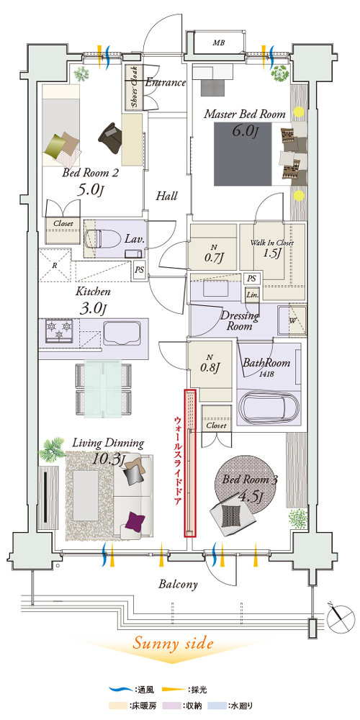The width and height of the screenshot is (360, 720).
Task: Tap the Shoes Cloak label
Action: (135, 88)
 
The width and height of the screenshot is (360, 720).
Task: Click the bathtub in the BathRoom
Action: (269, 407)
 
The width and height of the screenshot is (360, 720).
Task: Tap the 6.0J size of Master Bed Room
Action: (243, 131)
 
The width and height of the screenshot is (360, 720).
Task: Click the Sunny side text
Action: (174, 643)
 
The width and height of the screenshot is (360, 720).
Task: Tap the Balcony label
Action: (178, 585)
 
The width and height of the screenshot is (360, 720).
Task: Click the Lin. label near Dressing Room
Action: (253, 294)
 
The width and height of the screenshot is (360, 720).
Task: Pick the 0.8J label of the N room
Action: (211, 367)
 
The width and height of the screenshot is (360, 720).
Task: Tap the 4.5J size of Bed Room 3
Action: (251, 496)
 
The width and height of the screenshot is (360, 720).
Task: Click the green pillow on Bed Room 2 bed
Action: (56, 146)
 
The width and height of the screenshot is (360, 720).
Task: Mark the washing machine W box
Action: (292, 320)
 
